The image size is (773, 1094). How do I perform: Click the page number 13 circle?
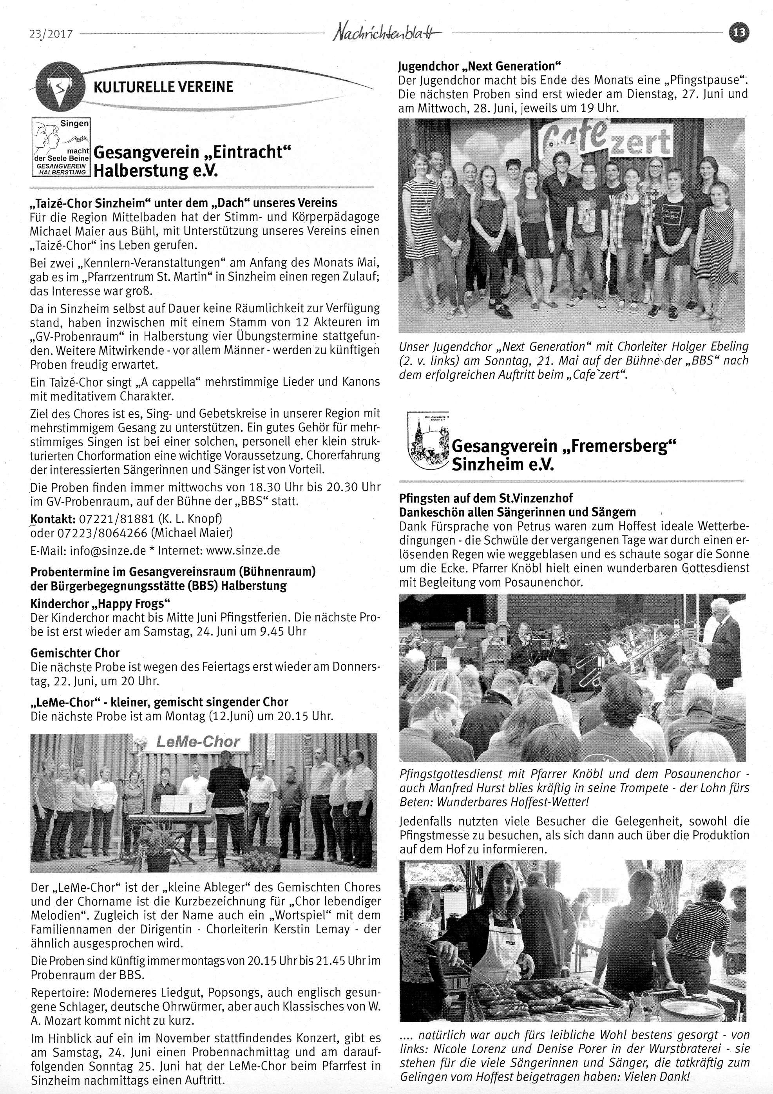739,33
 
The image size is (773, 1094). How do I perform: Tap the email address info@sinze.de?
108,551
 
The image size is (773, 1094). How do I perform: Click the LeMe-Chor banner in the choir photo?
197,742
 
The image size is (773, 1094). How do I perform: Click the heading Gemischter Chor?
75,653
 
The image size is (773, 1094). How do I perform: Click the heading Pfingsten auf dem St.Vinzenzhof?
486,498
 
